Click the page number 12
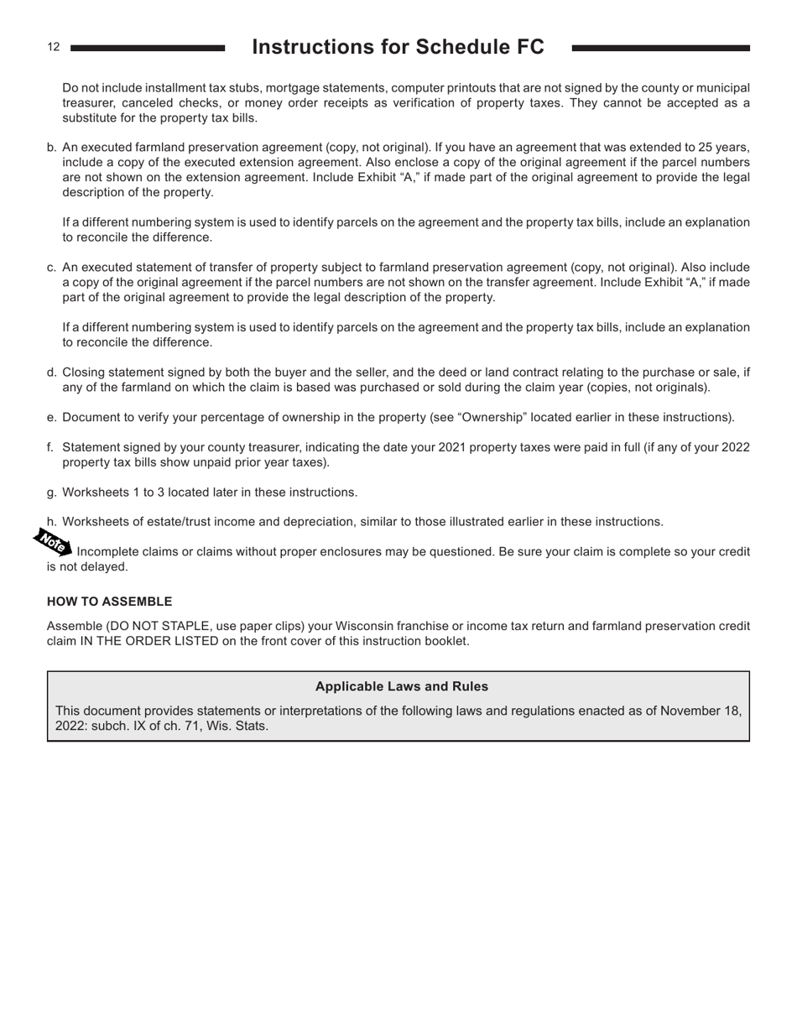pyautogui.click(x=54, y=47)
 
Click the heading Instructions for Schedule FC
pyautogui.click(x=398, y=47)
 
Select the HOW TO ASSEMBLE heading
pyautogui.click(x=109, y=602)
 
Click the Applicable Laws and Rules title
pyautogui.click(x=401, y=686)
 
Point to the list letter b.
pyautogui.click(x=51, y=148)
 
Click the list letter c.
pyautogui.click(x=51, y=268)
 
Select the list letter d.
pyautogui.click(x=51, y=373)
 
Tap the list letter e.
pyautogui.click(x=51, y=417)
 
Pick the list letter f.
pyautogui.click(x=50, y=447)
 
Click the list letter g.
pyautogui.click(x=51, y=493)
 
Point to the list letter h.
pyautogui.click(x=51, y=522)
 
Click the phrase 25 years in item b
pyautogui.click(x=723, y=148)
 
